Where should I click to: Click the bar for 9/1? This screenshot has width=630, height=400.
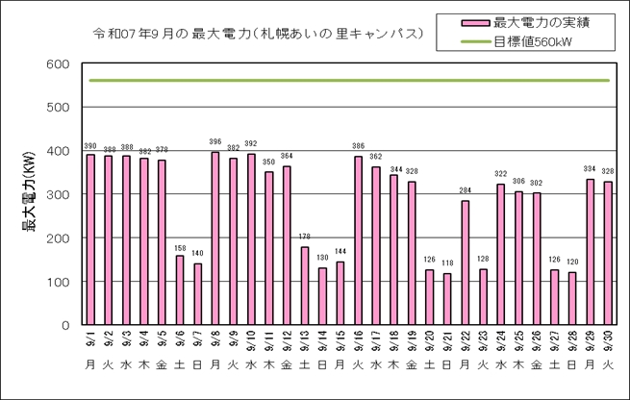point(90,239)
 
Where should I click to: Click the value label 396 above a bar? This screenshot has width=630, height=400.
point(215,144)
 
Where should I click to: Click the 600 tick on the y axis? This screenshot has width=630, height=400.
point(58,64)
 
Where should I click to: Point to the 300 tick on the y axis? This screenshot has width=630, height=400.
point(58,195)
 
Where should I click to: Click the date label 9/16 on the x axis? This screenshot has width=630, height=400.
point(358,341)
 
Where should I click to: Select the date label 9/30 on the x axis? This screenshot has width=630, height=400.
point(608,341)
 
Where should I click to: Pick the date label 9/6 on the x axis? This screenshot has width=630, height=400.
point(180,341)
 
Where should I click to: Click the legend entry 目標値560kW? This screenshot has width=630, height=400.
point(534,41)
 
